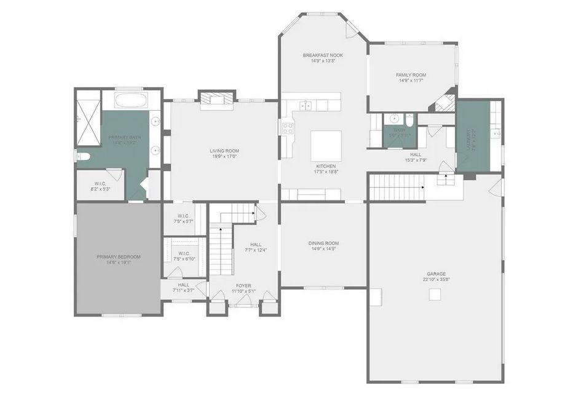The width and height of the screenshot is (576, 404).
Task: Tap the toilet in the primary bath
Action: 84,156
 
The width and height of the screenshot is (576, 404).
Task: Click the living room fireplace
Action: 217,100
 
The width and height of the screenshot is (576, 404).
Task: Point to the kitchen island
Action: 325,145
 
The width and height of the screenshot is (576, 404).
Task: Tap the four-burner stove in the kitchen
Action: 288,128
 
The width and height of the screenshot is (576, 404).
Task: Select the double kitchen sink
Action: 305,106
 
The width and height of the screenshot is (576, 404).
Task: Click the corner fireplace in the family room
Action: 446,103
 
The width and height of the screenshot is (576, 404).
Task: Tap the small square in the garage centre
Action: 435,295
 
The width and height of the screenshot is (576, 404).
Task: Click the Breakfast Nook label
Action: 323,55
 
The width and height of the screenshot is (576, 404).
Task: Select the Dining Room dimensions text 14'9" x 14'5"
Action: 323,249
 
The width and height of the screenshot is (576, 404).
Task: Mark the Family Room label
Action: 411,75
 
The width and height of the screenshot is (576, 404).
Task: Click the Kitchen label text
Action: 325,167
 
